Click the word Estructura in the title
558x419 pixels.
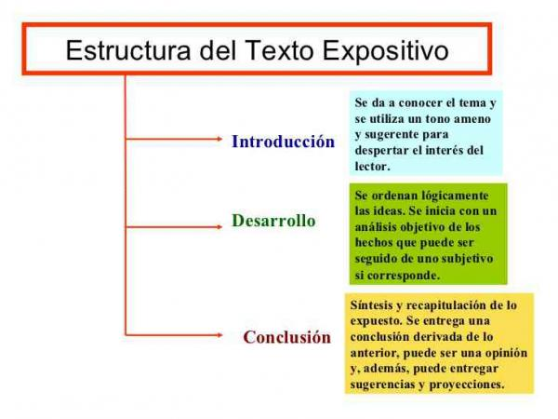coord(128,50)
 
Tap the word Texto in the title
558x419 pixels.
coord(279,50)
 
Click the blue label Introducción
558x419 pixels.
coord(284,142)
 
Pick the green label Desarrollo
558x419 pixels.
coord(273,220)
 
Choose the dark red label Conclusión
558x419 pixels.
coord(287,337)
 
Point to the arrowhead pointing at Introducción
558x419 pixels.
coord(219,139)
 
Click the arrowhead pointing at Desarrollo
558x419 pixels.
coord(219,227)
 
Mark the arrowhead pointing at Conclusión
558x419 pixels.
coord(219,335)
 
